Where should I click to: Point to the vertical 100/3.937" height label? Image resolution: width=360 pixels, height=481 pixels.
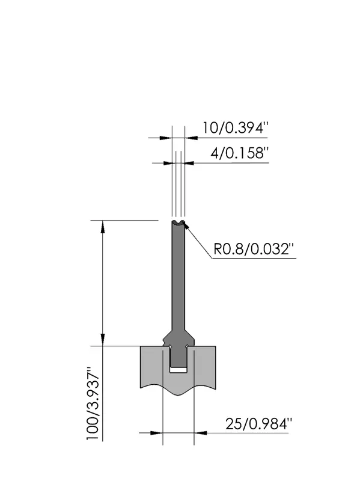93,403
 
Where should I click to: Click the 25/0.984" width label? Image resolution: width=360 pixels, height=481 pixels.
259,424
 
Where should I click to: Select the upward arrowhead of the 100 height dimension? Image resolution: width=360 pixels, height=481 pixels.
103,227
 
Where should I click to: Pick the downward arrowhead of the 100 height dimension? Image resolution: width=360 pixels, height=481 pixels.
103,339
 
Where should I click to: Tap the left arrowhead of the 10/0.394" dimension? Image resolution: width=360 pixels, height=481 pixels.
166,138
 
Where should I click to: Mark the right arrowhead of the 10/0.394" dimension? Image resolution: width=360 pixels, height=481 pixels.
191,138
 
